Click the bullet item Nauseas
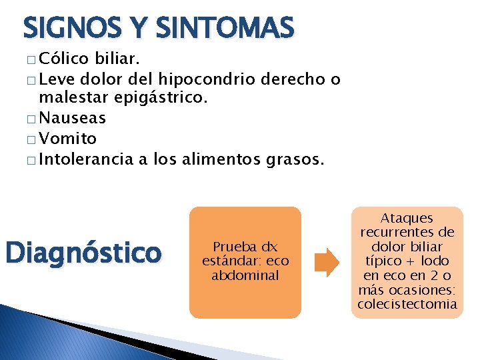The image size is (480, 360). point(73,119)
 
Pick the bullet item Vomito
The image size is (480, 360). point(68,139)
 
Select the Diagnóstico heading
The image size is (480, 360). point(83,253)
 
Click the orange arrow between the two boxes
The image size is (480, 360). point(327,262)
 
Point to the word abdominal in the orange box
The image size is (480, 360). point(245,275)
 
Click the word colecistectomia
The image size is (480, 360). point(407,304)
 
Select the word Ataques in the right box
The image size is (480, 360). point(407,218)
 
